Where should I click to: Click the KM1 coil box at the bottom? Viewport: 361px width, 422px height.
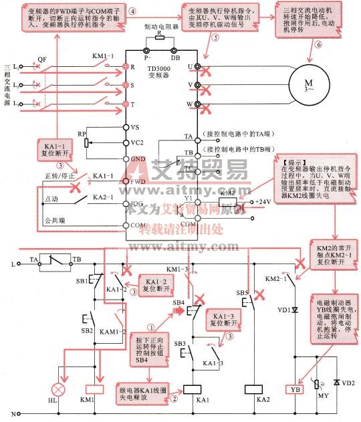click(x=93, y=389)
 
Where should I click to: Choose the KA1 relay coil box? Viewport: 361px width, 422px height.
click(x=193, y=389)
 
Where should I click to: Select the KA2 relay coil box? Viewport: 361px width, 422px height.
click(x=253, y=389)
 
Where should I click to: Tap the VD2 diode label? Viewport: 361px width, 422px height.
click(x=348, y=381)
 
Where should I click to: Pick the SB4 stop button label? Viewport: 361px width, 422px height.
click(x=178, y=303)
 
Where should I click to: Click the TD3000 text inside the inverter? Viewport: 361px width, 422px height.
click(x=158, y=70)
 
